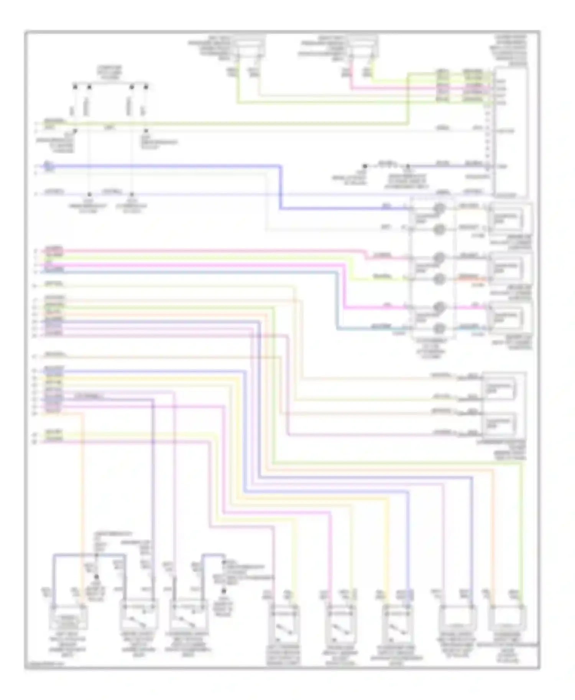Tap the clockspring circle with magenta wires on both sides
point(439,307)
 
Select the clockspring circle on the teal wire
point(439,328)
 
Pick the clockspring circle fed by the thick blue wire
point(439,208)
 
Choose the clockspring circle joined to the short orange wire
point(439,279)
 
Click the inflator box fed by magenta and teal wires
point(509,317)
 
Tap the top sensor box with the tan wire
point(250,48)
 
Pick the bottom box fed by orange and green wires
point(507,617)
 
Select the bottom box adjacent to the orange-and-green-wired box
point(458,617)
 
